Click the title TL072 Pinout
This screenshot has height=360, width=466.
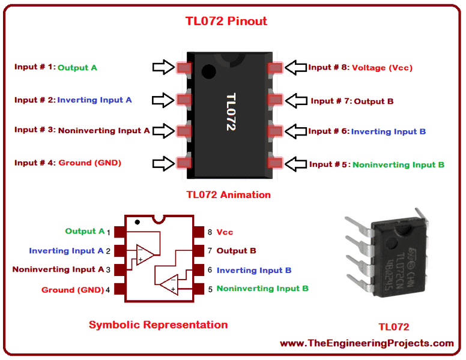pos(225,22)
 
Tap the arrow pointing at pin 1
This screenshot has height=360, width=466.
pos(163,68)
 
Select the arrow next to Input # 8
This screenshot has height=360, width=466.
pos(295,68)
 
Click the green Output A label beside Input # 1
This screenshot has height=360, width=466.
pos(77,68)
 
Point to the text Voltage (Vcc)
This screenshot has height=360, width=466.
pos(382,68)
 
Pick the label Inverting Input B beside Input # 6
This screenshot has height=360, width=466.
pos(389,131)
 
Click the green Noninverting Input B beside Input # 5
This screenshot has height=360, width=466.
pos(398,164)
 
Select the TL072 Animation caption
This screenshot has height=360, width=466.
pos(228,194)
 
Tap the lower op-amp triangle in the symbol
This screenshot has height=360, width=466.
pos(168,283)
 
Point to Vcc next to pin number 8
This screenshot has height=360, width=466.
pos(225,232)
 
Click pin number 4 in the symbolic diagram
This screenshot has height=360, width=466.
pos(108,290)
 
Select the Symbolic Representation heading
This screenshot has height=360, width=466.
pos(158,325)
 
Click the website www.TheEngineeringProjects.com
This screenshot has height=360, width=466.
pos(366,343)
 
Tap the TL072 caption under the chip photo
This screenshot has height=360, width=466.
pos(393,327)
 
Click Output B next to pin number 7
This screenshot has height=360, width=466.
pos(236,251)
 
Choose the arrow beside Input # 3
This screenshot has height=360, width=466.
pos(163,130)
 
